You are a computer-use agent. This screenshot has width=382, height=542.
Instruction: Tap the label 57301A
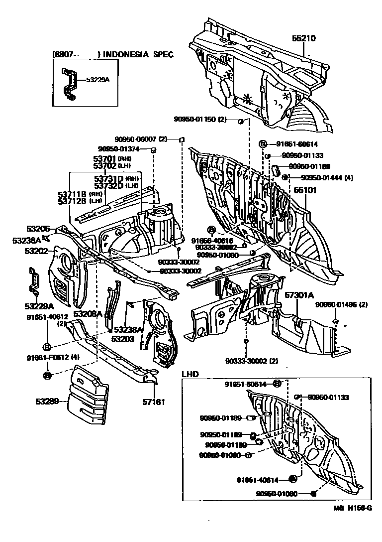(299, 295)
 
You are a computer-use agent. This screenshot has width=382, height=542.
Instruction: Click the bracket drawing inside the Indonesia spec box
(70, 85)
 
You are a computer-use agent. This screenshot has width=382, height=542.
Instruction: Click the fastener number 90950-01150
(199, 119)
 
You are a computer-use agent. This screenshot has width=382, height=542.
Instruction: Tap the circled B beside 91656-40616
(210, 230)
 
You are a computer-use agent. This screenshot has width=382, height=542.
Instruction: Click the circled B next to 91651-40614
(292, 479)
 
